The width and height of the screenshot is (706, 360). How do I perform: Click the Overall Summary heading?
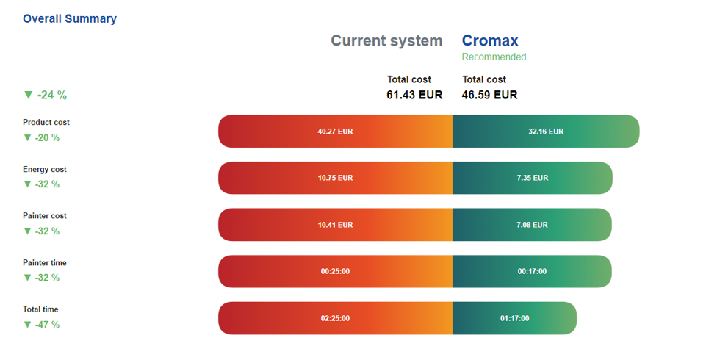70,18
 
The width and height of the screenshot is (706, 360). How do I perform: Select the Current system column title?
386,40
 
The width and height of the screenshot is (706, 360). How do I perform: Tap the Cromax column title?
490,40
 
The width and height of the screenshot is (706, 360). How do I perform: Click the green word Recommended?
494,57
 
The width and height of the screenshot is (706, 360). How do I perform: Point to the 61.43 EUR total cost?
414,95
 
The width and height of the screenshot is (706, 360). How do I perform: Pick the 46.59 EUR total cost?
489,95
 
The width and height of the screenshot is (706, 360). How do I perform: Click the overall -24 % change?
46,95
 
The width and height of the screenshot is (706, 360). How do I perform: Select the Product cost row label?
46,122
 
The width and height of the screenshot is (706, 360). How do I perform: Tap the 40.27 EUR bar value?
335,132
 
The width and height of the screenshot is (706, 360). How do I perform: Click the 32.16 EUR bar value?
546,132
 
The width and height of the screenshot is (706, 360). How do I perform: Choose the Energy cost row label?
45,169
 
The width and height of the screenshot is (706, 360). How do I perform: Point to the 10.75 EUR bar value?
335,178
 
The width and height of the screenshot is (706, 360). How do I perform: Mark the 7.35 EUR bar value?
532,178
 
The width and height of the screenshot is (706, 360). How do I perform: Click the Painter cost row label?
45,216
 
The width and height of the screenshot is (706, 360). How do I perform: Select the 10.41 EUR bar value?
335,225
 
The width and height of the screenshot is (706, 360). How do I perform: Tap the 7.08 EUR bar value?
532,225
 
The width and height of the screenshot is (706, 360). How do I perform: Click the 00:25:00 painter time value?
335,271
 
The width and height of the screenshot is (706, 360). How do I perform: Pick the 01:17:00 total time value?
514,318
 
